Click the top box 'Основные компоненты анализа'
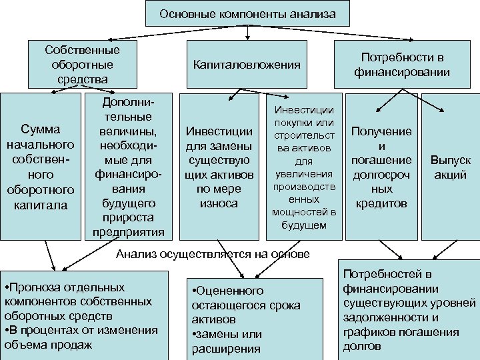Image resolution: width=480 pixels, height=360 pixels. pos(247,13)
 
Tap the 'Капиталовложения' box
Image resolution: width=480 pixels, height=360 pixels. pos(247,65)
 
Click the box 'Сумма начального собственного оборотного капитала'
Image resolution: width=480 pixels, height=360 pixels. pos(40,166)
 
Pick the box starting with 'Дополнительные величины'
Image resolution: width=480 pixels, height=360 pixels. pos(125,166)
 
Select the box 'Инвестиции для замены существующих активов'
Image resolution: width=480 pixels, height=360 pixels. pos(219,166)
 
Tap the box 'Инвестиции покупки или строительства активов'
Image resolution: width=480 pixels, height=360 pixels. pos(300,166)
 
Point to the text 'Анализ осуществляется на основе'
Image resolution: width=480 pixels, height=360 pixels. pos(213,253)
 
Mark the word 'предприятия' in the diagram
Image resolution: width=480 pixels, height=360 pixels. pos(125,232)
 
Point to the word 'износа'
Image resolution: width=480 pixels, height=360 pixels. pos(219,203)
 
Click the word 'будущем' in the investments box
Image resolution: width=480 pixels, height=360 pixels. pos(300,225)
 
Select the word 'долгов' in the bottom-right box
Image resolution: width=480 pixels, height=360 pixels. pos(362,347)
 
